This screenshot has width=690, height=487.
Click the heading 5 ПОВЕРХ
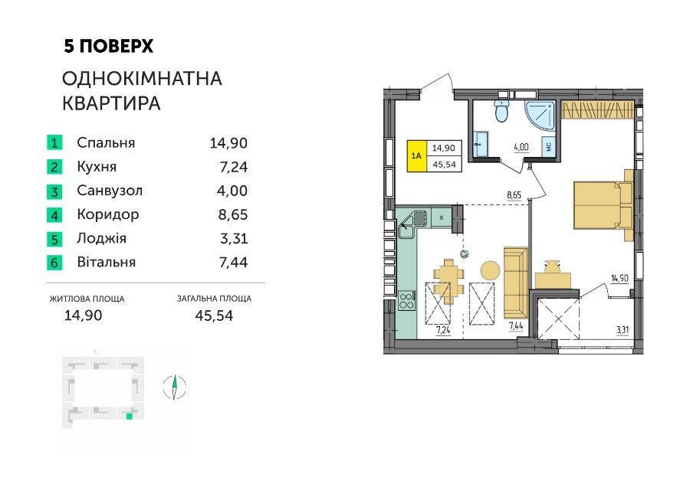(108, 46)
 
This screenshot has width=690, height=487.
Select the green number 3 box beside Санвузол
(54, 191)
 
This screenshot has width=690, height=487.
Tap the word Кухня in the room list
(97, 167)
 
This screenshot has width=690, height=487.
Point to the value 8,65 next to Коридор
(233, 214)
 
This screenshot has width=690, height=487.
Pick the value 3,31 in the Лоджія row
(234, 238)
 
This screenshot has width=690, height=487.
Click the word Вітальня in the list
(106, 262)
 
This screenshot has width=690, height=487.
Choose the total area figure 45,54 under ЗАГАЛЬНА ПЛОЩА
(214, 315)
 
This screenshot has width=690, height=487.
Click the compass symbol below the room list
(174, 387)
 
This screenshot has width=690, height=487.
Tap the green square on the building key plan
(129, 417)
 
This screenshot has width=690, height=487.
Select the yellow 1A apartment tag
(416, 155)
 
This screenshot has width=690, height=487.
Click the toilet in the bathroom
(501, 109)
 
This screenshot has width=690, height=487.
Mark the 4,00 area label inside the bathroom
(521, 148)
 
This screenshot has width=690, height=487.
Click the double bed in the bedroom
(603, 205)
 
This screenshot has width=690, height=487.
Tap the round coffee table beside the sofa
(490, 270)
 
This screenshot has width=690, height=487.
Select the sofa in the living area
(516, 283)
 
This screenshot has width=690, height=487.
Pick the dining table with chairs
(449, 282)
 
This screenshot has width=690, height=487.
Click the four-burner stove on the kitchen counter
(406, 301)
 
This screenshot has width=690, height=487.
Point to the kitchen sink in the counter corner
(412, 224)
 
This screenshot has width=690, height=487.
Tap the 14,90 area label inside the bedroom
(619, 278)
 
